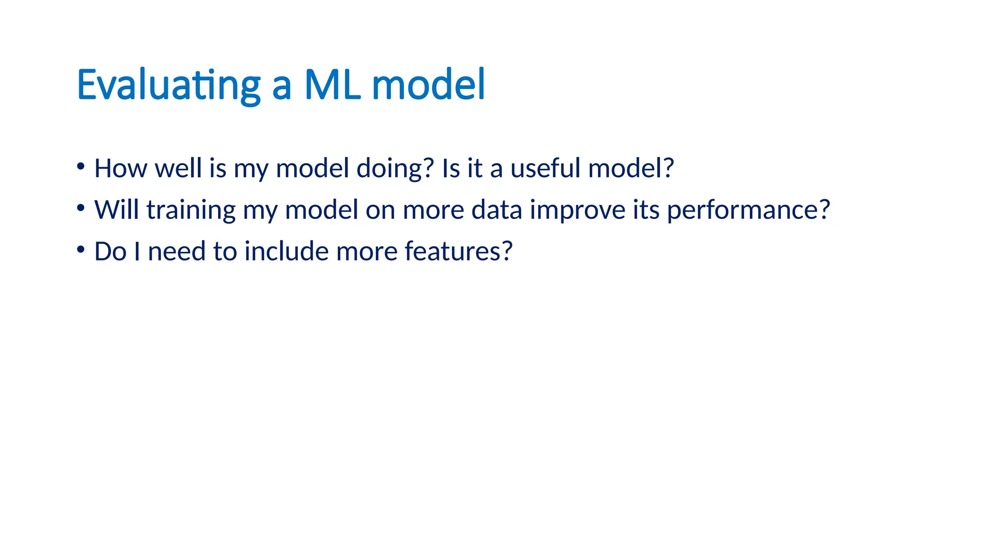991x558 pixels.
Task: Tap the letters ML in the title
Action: [332, 85]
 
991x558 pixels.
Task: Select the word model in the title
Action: [428, 85]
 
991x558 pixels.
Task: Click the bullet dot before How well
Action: [81, 167]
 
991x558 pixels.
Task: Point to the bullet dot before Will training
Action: [81, 208]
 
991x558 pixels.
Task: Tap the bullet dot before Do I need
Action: [81, 250]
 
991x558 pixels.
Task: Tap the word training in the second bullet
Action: [191, 210]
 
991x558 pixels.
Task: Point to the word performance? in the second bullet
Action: [748, 210]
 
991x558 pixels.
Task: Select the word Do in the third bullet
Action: [110, 252]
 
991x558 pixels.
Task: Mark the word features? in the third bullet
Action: [458, 252]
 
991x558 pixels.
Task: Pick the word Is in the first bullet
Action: [450, 169]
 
